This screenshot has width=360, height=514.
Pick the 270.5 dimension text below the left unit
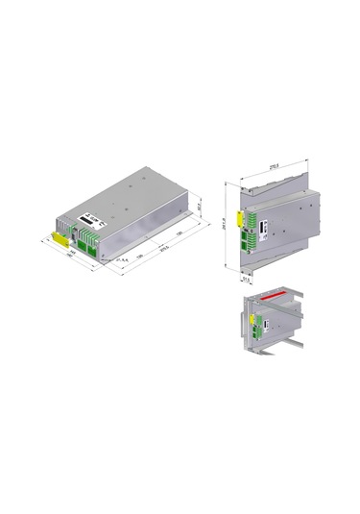tap(164, 253)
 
